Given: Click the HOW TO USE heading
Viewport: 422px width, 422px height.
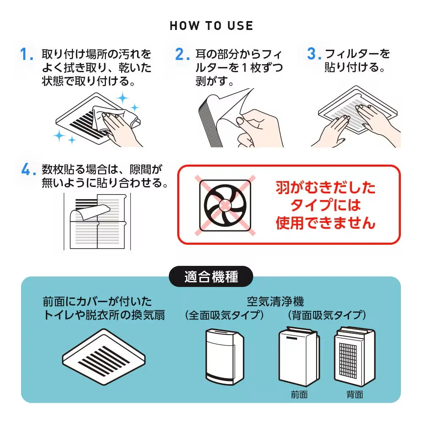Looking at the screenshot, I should (211, 26).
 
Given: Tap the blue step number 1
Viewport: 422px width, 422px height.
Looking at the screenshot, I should (27, 55).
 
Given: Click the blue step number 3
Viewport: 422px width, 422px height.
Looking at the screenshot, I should (313, 55).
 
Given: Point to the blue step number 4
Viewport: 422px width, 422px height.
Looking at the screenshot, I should (27, 170).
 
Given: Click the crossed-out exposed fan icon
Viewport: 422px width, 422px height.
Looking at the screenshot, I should (225, 205).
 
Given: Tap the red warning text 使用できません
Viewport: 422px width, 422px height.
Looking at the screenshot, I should (325, 223).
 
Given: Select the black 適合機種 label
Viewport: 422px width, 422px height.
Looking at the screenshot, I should (211, 277).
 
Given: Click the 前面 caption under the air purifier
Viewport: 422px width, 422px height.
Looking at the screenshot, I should (299, 395).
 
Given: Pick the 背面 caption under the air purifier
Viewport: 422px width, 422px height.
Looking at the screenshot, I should (354, 395).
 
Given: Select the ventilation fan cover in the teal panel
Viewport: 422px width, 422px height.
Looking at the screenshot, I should (104, 354).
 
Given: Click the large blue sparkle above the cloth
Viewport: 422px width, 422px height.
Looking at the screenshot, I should (123, 99).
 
